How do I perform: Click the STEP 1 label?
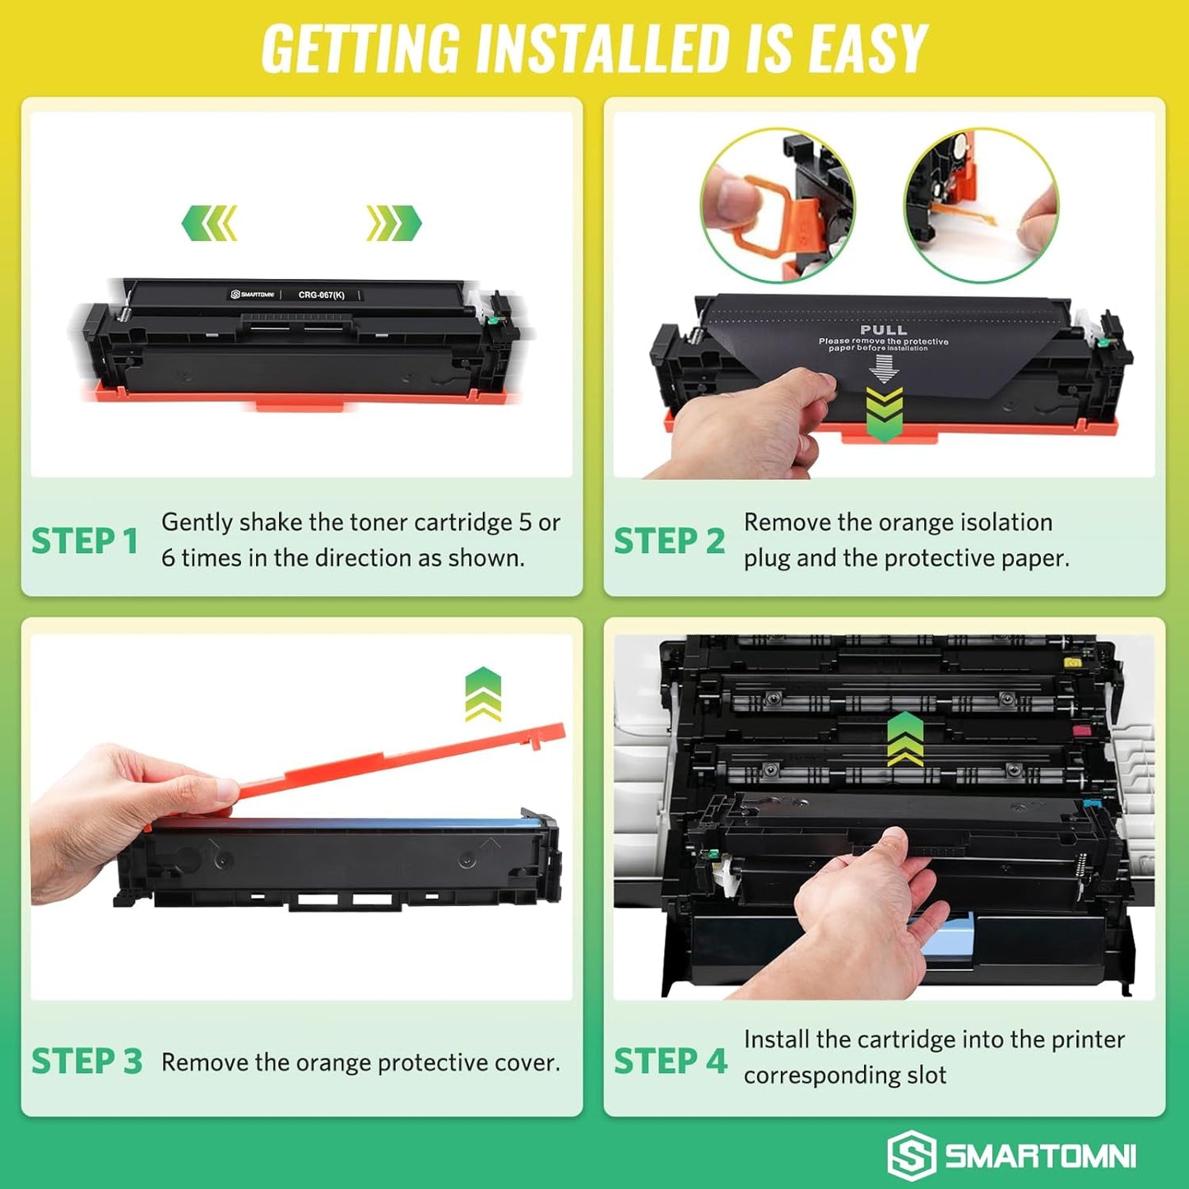84,541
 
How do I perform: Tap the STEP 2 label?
669,541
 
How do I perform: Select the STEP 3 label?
86,1061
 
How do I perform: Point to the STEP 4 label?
671,1061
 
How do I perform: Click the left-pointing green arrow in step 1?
210,223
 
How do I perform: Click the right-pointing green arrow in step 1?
393,223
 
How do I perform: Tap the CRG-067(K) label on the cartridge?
321,295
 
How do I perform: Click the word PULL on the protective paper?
883,330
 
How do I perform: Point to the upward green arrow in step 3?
483,694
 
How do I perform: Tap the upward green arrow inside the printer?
905,738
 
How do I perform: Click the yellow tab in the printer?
1072,662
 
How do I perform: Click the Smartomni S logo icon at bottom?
911,1155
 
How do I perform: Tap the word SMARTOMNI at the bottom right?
1040,1156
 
